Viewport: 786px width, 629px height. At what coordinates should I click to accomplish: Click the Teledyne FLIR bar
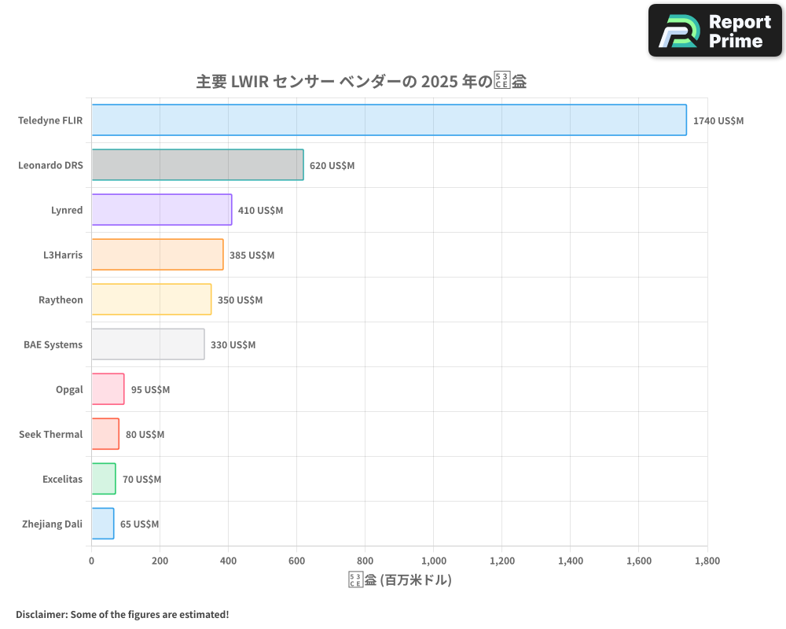point(389,120)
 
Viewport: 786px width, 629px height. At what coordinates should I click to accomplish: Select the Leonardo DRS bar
point(197,165)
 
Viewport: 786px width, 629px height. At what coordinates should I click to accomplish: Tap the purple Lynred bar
point(161,210)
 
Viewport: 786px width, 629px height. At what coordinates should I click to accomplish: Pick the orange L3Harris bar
point(157,255)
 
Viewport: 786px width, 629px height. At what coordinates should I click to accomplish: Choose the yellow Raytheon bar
point(151,300)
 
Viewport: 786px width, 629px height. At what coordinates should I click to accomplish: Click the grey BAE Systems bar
point(148,344)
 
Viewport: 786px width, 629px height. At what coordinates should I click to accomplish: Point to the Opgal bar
point(108,389)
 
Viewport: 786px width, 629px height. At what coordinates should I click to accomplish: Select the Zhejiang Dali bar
point(102,524)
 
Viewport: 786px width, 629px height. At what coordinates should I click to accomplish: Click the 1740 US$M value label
point(718,121)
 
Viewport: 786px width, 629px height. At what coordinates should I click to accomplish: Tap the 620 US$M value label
point(332,166)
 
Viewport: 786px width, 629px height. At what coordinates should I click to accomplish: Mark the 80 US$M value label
point(145,435)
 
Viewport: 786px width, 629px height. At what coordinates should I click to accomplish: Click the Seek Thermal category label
point(50,435)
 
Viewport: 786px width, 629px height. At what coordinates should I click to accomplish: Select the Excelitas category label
point(62,480)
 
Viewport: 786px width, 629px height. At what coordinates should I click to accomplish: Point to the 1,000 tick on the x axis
point(434,561)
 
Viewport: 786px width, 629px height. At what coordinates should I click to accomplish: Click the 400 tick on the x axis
point(228,561)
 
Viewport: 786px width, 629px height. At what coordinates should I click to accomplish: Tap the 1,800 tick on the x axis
point(707,561)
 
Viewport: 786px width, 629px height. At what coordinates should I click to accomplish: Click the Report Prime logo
point(715,31)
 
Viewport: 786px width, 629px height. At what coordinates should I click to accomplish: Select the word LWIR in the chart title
point(249,81)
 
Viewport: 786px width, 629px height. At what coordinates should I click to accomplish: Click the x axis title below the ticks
point(399,580)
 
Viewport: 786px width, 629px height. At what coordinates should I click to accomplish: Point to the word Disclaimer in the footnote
point(41,614)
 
